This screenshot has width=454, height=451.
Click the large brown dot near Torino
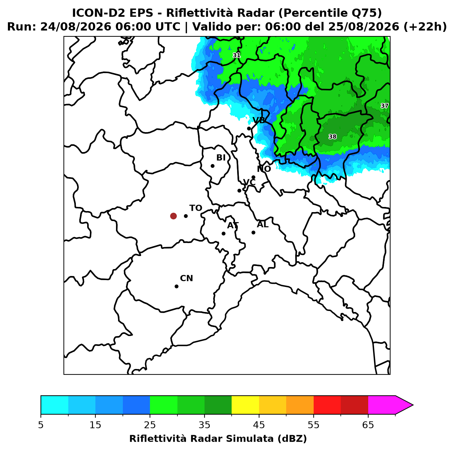click(x=173, y=216)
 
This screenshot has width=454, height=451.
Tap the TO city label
click(x=196, y=208)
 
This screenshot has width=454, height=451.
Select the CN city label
click(x=187, y=278)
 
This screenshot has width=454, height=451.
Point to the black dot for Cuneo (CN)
click(x=176, y=287)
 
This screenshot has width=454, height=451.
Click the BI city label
click(x=221, y=158)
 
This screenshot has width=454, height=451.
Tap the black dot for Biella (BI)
click(x=212, y=166)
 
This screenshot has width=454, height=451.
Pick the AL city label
click(x=263, y=224)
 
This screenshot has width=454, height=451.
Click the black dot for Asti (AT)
click(x=224, y=234)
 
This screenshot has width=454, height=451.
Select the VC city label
click(x=249, y=182)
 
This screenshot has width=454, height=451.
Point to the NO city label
click(x=264, y=169)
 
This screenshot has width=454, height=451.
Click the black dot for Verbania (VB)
click(x=249, y=128)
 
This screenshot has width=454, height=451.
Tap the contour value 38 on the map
click(x=333, y=137)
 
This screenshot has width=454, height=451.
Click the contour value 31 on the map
click(x=236, y=55)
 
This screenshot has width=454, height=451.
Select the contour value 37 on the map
click(x=385, y=106)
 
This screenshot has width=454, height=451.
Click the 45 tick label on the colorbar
click(x=259, y=425)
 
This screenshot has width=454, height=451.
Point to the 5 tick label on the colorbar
click(x=41, y=425)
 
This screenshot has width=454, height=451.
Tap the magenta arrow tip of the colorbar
click(x=413, y=405)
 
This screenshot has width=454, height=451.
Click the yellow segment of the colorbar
click(x=245, y=405)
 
